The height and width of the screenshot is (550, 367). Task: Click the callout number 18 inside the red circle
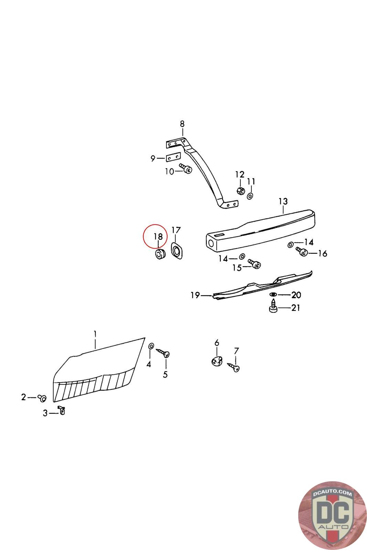pos(158,236)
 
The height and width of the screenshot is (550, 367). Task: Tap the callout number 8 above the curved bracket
pos(182,124)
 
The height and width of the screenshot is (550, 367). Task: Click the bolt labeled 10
pos(186,169)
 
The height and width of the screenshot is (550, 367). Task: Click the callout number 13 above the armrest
pos(283,201)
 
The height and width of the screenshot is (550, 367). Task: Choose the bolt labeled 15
pos(255,264)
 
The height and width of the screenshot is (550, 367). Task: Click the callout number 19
pos(195,295)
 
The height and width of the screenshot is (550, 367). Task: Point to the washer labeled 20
pos(273,294)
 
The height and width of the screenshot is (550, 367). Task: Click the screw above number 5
pos(163,353)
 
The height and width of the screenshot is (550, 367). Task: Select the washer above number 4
pos(151,346)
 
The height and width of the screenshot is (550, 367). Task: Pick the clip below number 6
pos(217,361)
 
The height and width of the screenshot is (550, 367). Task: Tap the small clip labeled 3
pos(62,410)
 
